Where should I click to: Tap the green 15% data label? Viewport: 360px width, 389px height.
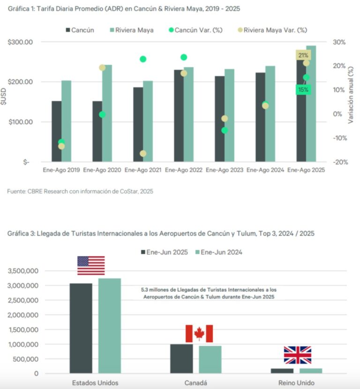302,90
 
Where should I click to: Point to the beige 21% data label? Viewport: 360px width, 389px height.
302,55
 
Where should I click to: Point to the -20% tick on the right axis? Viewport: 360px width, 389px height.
338,162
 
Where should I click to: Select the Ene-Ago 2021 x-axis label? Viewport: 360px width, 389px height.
143,170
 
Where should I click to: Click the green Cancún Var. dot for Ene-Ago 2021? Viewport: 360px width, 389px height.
143,59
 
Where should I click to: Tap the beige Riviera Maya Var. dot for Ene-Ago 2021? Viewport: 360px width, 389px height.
143,153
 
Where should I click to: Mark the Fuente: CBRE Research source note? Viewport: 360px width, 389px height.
80,191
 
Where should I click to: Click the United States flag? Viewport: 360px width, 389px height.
91,266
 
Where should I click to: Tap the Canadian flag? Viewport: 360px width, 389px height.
199,334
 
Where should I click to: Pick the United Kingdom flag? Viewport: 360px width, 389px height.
298,355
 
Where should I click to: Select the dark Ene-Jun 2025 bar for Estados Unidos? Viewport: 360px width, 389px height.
81,328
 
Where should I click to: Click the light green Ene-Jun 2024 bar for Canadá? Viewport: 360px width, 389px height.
210,359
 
